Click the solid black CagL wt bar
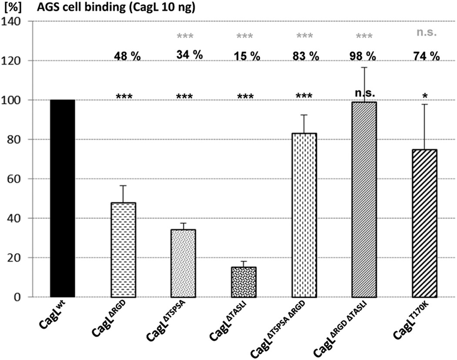[62, 199]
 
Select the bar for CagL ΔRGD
[123, 250]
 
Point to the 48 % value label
[127, 56]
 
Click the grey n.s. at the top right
[426, 33]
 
